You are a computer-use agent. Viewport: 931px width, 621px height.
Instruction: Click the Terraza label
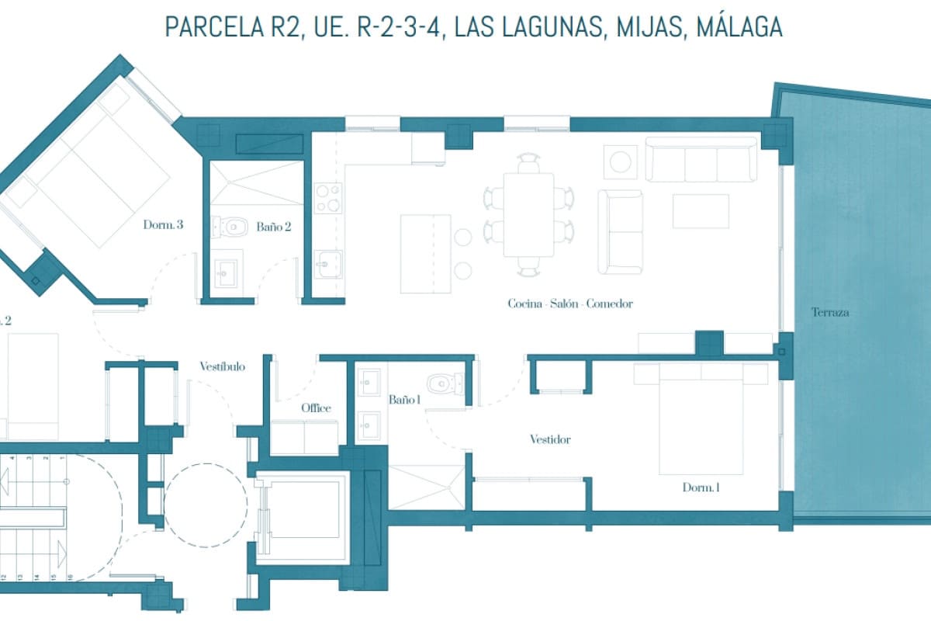(829, 313)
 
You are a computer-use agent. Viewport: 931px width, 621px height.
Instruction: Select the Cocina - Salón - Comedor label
(569, 304)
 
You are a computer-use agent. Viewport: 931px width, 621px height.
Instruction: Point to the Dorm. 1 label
(701, 488)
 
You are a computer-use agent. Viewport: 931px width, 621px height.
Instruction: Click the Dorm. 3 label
(163, 226)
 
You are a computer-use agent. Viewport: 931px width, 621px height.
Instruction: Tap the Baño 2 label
(274, 227)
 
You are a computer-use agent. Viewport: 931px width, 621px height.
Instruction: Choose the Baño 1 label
(404, 400)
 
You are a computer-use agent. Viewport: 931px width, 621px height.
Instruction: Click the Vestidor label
(550, 439)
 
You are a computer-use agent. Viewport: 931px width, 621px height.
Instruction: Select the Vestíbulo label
(222, 366)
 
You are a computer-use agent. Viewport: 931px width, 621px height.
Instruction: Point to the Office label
(316, 408)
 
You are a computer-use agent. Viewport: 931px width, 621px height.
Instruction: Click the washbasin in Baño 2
(228, 271)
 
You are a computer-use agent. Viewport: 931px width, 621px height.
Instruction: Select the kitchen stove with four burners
(328, 197)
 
